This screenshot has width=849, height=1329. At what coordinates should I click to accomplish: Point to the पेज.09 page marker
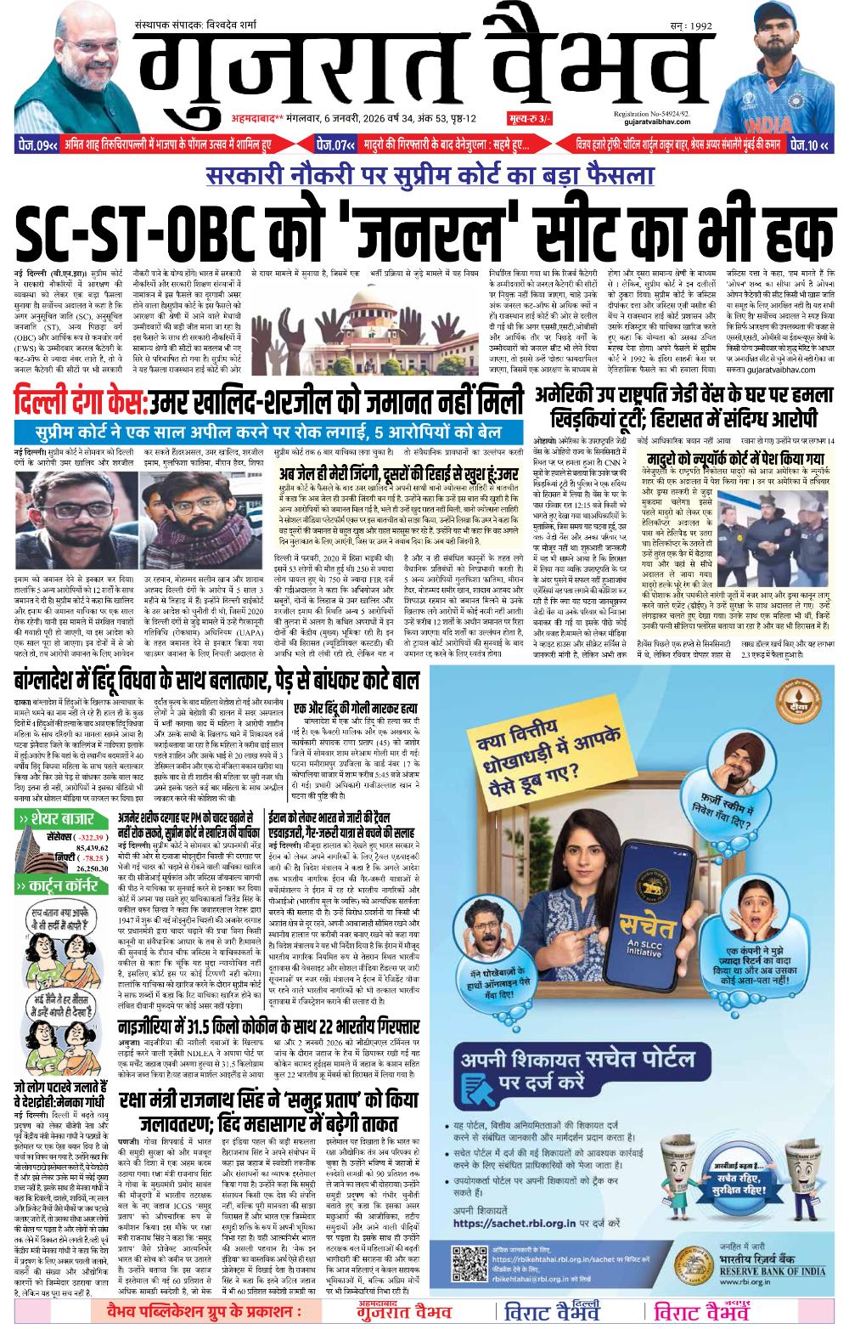click(x=39, y=145)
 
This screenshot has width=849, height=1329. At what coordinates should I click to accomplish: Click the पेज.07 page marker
click(x=336, y=145)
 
